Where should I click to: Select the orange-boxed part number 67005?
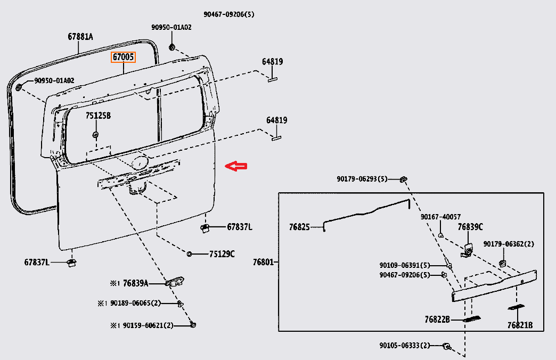[x=123, y=57]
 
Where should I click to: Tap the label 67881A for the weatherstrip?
[x=80, y=37]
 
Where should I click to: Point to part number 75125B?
[x=98, y=116]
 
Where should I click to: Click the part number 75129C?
[x=222, y=254]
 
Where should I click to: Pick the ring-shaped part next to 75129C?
[x=190, y=253]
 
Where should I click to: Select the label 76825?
[x=299, y=227]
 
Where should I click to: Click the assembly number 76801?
[x=264, y=262]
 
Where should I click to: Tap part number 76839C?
[x=470, y=227]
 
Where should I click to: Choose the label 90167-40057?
[x=440, y=217]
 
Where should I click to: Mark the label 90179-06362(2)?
[x=509, y=244]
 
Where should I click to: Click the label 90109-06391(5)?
[x=405, y=265]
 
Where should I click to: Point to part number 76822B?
[x=437, y=320]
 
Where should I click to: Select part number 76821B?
[x=520, y=325]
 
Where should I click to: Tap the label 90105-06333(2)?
[x=404, y=346]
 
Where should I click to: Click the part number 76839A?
[x=136, y=283]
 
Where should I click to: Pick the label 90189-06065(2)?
[x=135, y=303]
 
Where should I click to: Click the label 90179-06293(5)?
[x=362, y=179]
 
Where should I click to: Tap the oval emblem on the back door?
[x=140, y=162]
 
